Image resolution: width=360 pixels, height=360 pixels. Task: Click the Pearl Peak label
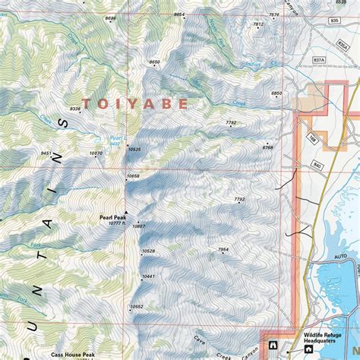(111, 216)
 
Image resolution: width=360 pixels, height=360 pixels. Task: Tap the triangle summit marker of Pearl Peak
(126, 213)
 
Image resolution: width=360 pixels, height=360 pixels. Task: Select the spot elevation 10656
(134, 176)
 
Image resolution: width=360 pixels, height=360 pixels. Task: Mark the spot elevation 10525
(135, 149)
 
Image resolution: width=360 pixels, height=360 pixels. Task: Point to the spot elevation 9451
(46, 153)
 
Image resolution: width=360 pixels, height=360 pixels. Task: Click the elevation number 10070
(96, 153)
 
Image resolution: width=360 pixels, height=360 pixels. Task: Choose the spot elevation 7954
(223, 249)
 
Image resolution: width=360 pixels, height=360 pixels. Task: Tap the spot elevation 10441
(148, 276)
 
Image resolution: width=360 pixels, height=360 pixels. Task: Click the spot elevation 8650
(155, 62)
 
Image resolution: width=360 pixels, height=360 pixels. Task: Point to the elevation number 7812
(257, 24)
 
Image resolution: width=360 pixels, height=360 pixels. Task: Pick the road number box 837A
(319, 60)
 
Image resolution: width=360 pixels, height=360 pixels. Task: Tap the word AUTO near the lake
(341, 257)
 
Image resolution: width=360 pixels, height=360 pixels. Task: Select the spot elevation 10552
(137, 306)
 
